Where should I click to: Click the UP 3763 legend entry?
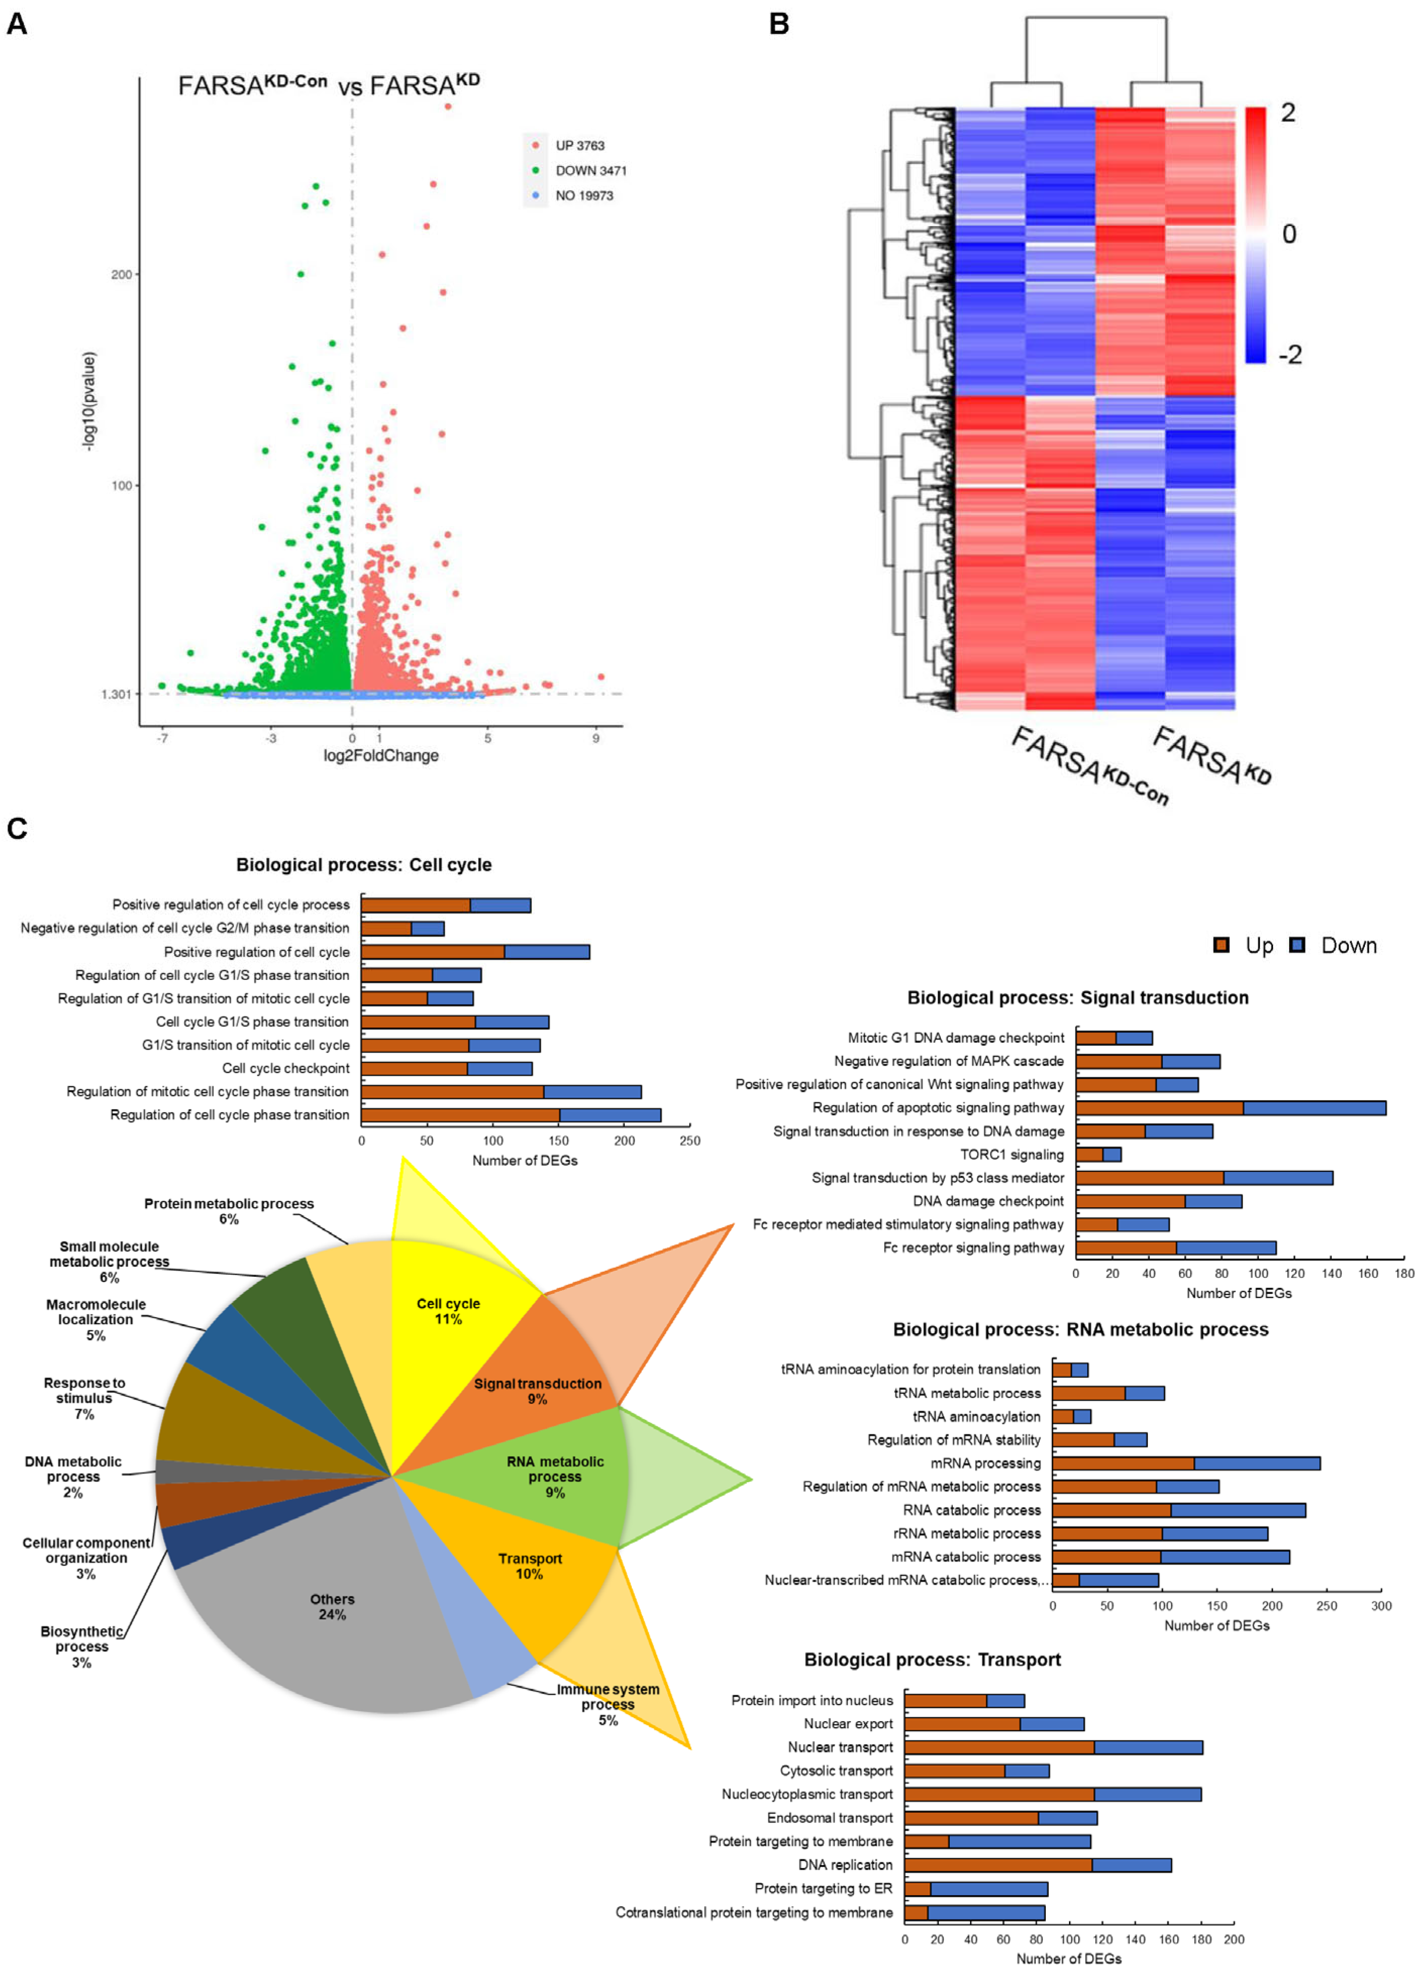[x=579, y=145]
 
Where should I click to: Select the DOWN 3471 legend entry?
[x=590, y=171]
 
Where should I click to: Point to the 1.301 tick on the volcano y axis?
[x=116, y=694]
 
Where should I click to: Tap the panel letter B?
[x=779, y=24]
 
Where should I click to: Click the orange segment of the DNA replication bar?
[x=998, y=1865]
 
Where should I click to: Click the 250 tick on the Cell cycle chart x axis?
[x=689, y=1140]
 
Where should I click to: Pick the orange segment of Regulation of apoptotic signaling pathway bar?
[x=1159, y=1108]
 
